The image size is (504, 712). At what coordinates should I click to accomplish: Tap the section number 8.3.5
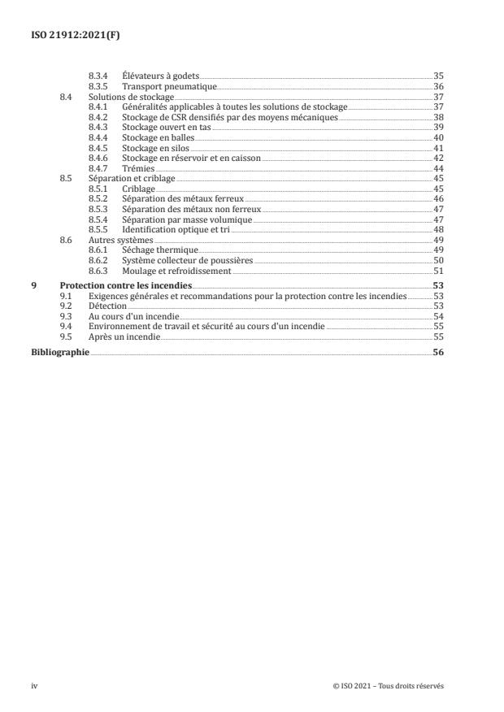pos(98,85)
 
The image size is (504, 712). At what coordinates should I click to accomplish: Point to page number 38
pos(439,116)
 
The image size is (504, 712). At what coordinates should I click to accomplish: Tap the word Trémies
pos(137,168)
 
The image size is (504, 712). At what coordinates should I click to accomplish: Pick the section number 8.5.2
pos(98,199)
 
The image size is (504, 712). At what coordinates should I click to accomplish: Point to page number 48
pos(439,230)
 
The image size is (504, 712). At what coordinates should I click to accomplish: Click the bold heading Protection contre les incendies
pos(126,287)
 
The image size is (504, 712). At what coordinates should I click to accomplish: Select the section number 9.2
pos(66,306)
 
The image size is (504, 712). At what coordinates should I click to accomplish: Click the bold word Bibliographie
pos(59,352)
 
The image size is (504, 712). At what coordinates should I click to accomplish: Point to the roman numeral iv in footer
pos(34,686)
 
